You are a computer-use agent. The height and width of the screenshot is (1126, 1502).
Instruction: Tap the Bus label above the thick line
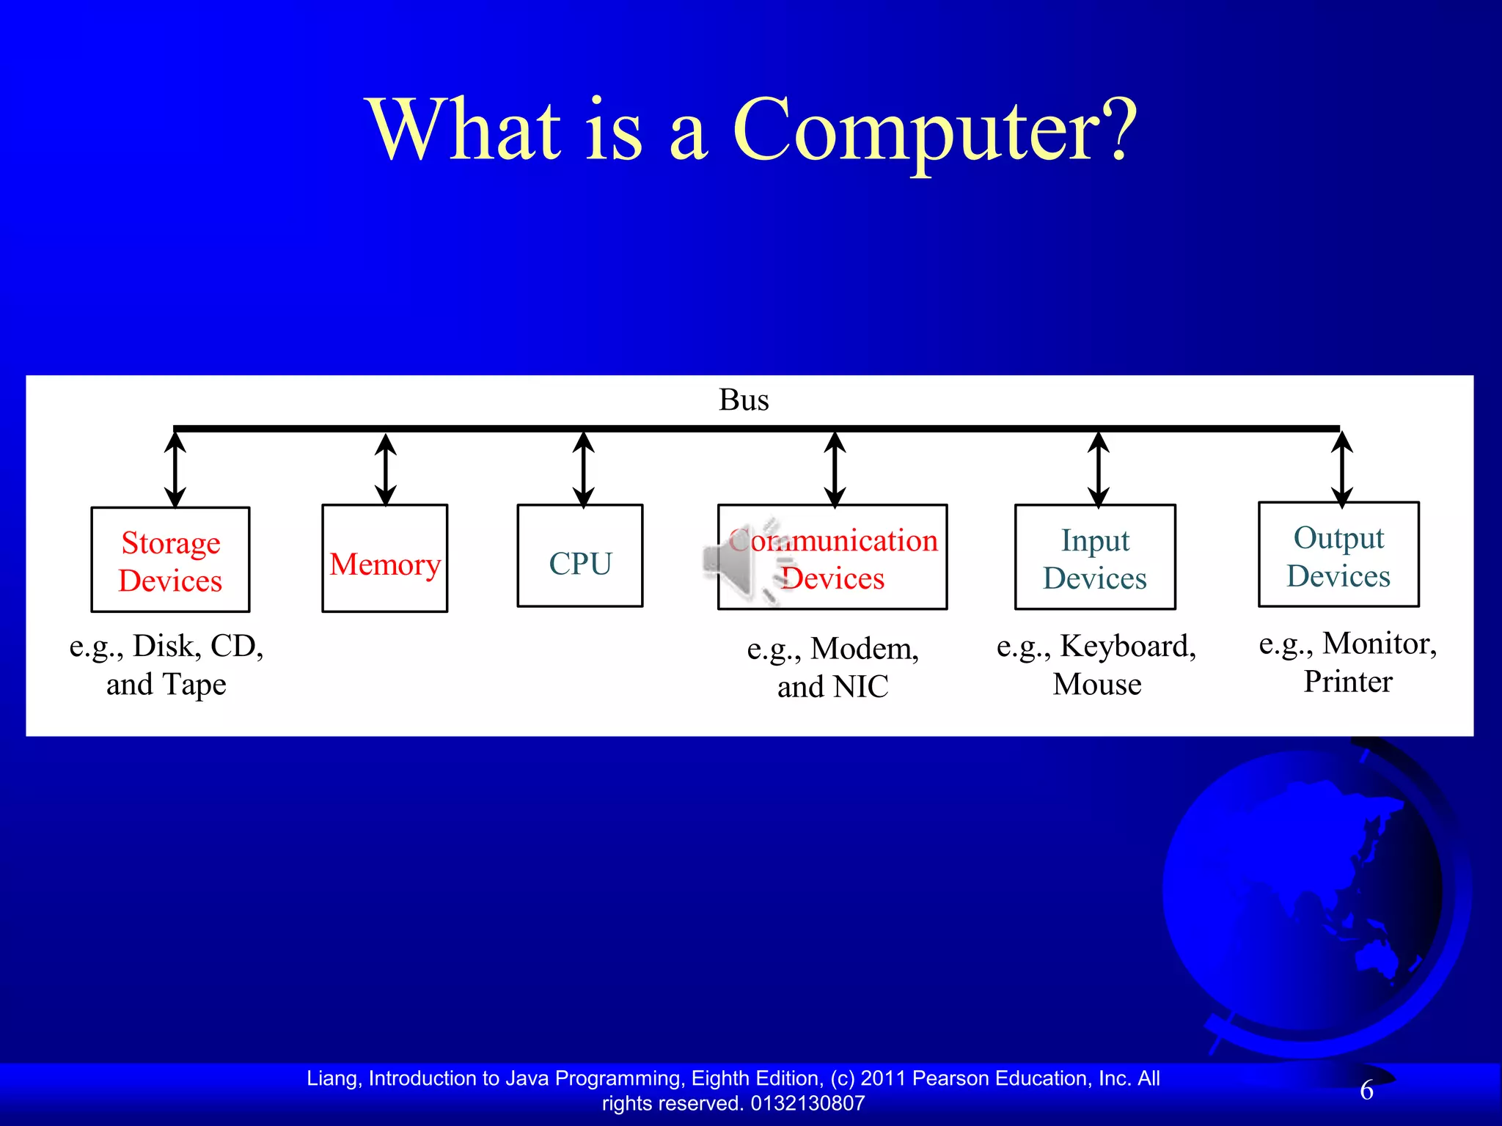pos(744,400)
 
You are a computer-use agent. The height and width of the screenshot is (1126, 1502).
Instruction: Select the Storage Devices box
pos(170,560)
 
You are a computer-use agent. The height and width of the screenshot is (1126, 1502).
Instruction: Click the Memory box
pos(384,559)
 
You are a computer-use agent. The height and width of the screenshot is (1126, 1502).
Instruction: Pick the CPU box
pos(580,556)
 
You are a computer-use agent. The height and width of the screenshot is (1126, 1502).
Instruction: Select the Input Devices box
pos(1095,558)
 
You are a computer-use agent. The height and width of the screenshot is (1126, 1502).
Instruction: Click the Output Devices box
pos(1338,555)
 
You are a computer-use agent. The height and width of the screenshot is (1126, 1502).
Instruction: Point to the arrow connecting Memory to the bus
pos(386,469)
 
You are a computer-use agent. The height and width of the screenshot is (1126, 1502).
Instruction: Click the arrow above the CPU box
pos(583,469)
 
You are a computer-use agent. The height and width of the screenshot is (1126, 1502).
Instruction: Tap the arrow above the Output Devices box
pos(1341,469)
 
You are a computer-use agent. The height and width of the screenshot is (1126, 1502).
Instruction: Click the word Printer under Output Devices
pos(1347,682)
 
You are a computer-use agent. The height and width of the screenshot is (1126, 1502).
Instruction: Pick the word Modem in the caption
pos(864,649)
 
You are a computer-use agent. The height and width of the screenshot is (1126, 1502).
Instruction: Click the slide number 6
pos(1366,1091)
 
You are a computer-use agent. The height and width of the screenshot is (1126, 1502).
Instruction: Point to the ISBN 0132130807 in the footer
pos(807,1103)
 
